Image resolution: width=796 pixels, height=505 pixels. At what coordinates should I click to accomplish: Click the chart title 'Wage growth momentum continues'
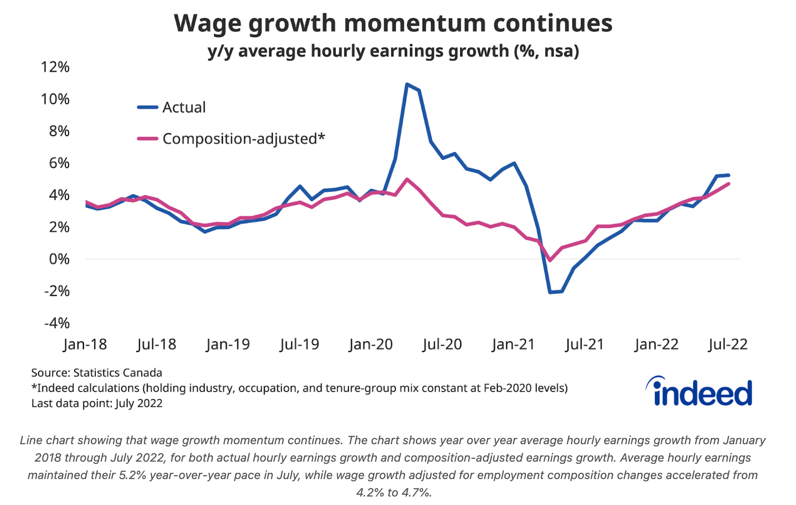(x=393, y=23)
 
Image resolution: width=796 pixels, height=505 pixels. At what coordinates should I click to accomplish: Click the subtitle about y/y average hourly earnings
(x=393, y=51)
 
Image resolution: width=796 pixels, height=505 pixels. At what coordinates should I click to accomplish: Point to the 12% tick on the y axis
(x=55, y=67)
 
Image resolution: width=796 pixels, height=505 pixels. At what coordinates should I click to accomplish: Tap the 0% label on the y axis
(x=59, y=259)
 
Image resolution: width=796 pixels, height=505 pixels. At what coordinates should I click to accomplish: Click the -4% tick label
(x=57, y=323)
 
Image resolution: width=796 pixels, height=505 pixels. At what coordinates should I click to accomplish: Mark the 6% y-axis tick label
(x=59, y=163)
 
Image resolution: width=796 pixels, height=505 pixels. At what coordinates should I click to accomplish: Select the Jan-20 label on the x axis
(x=371, y=344)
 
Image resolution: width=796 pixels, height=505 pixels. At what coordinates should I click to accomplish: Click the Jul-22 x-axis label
(x=728, y=344)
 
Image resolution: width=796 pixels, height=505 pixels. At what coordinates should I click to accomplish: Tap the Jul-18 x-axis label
(x=157, y=344)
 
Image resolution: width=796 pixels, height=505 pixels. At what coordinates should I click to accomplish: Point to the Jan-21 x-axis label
(x=513, y=344)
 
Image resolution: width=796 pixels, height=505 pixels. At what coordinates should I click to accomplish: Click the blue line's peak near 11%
(x=406, y=84)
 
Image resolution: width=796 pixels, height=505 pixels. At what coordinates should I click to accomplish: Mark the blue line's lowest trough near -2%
(x=550, y=292)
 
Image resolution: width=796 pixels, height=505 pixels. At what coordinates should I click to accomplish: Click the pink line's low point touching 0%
(x=550, y=260)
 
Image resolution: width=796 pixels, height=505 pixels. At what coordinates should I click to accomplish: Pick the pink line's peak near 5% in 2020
(x=406, y=179)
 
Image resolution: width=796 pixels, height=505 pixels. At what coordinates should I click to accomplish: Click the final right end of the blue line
(x=728, y=175)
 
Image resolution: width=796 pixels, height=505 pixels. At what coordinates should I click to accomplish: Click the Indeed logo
(x=699, y=391)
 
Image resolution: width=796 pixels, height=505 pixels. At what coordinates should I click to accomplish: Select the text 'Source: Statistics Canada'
(x=97, y=373)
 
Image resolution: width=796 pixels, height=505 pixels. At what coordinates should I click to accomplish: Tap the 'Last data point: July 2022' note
(x=97, y=403)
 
